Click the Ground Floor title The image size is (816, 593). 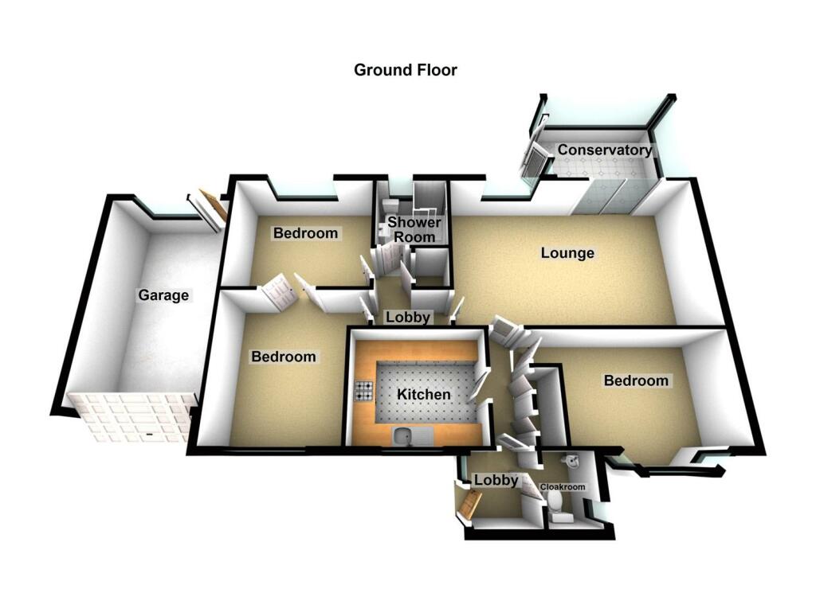tap(406, 70)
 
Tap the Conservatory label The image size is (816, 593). tap(604, 150)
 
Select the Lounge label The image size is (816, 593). tap(567, 254)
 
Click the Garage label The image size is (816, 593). tap(163, 295)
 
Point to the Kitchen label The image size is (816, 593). tap(424, 394)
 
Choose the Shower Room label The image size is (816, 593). tap(410, 229)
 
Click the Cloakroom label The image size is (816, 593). tap(563, 487)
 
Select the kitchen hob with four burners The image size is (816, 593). tap(365, 391)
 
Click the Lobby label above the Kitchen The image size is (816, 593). tap(408, 317)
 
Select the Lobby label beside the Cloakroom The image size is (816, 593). tap(496, 480)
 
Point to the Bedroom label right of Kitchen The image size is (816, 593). tap(636, 380)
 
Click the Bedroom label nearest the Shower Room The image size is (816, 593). tap(305, 233)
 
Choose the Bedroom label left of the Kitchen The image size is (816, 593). tap(284, 357)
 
